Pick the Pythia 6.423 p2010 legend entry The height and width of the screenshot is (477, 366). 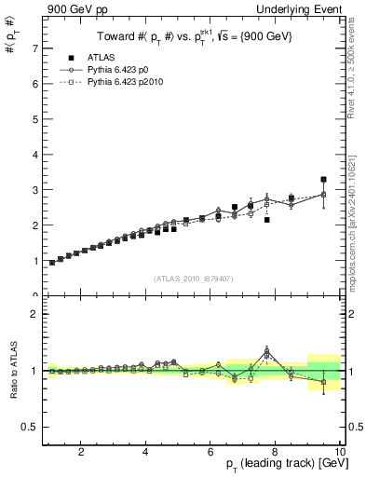click(x=128, y=83)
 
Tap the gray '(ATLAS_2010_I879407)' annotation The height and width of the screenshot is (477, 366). click(x=193, y=278)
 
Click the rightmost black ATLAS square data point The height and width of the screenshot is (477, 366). click(x=323, y=179)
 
